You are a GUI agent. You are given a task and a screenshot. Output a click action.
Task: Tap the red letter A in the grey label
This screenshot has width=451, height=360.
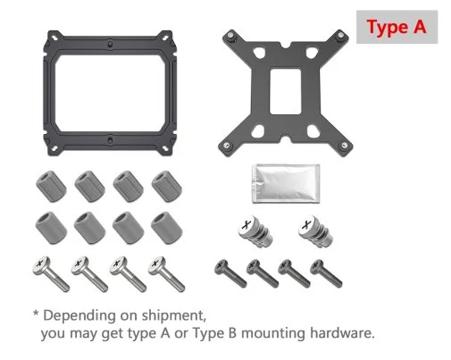point(419,26)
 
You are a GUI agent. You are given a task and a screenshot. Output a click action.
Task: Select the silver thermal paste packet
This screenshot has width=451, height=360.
point(286,183)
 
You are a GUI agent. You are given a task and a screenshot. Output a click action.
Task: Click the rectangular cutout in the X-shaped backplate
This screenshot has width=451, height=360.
point(285,91)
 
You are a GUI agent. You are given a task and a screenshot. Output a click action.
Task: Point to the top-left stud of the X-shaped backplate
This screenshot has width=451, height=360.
point(230,36)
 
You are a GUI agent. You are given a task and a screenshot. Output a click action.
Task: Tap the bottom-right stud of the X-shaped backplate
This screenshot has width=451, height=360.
point(344,145)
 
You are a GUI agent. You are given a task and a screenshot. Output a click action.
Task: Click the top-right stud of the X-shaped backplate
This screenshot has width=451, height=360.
point(340,36)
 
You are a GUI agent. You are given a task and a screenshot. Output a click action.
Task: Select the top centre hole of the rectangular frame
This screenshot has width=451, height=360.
point(110,44)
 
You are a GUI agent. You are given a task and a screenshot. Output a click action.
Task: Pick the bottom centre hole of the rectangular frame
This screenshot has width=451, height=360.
point(110,139)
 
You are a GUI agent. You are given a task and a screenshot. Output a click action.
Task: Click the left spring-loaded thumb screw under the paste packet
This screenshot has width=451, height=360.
point(255,231)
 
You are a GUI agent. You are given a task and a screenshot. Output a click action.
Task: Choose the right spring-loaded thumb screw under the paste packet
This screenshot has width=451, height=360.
point(315,231)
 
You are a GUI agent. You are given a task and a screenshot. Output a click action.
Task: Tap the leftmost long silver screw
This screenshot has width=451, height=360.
point(51,273)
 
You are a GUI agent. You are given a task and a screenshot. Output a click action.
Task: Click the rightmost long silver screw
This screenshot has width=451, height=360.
point(166,273)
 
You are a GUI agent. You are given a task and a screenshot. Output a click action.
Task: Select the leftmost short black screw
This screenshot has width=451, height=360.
point(230,273)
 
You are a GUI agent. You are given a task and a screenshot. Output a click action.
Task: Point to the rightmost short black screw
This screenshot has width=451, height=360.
point(326,273)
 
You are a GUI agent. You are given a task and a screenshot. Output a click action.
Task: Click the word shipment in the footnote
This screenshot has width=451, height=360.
point(174,315)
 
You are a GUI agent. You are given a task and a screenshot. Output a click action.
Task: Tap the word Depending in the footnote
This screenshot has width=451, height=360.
point(79,316)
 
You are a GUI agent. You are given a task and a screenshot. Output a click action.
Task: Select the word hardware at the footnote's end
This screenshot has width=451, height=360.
point(342,332)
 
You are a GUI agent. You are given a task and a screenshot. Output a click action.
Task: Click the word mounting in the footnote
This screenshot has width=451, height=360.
point(273,333)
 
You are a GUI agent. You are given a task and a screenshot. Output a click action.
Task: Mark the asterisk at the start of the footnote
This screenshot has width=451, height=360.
point(36,313)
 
